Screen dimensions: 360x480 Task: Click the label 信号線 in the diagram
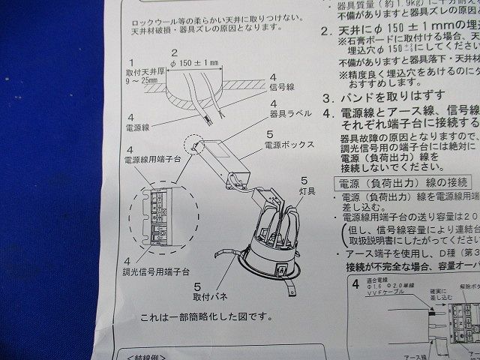pos(281,87)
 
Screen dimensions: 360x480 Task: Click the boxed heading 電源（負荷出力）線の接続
pos(403,182)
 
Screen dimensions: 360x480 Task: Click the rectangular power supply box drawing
pos(225,159)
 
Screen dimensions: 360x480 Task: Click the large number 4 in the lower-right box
pos(356,286)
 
